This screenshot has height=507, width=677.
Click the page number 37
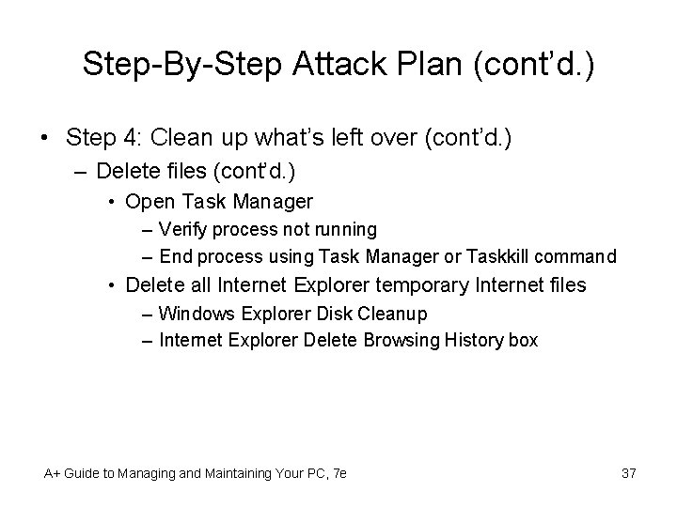tap(628, 473)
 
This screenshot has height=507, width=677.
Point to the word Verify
tap(186, 229)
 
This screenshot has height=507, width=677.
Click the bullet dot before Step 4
tap(44, 139)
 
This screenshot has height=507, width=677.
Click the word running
tap(346, 229)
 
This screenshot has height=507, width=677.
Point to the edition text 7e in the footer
tap(338, 473)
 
